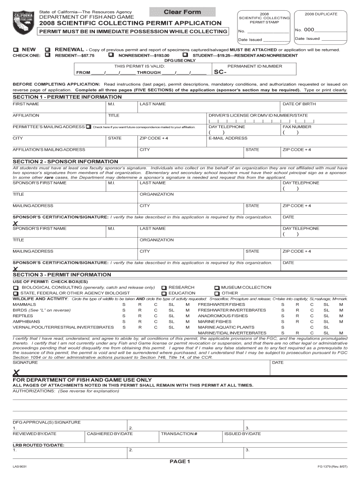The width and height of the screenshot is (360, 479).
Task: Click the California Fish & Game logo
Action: click(22, 21)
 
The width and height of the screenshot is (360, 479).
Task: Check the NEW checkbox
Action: click(15, 50)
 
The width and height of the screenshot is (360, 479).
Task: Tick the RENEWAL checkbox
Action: click(48, 50)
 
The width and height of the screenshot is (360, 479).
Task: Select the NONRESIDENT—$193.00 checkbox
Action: click(111, 55)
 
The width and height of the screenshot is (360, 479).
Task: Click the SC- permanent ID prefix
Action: click(220, 73)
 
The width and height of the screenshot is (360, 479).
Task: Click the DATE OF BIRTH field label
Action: click(299, 104)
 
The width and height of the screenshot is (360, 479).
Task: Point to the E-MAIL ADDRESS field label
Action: click(228, 138)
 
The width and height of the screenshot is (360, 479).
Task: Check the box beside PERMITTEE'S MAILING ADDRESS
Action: click(88, 127)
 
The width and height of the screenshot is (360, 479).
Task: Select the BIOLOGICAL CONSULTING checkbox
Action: click(16, 288)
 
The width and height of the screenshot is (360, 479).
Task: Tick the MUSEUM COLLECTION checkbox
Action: click(216, 288)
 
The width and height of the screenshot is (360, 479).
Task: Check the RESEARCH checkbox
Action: click(164, 288)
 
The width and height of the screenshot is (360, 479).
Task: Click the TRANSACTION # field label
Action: click(179, 434)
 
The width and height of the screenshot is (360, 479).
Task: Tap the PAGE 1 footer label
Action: click(180, 462)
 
